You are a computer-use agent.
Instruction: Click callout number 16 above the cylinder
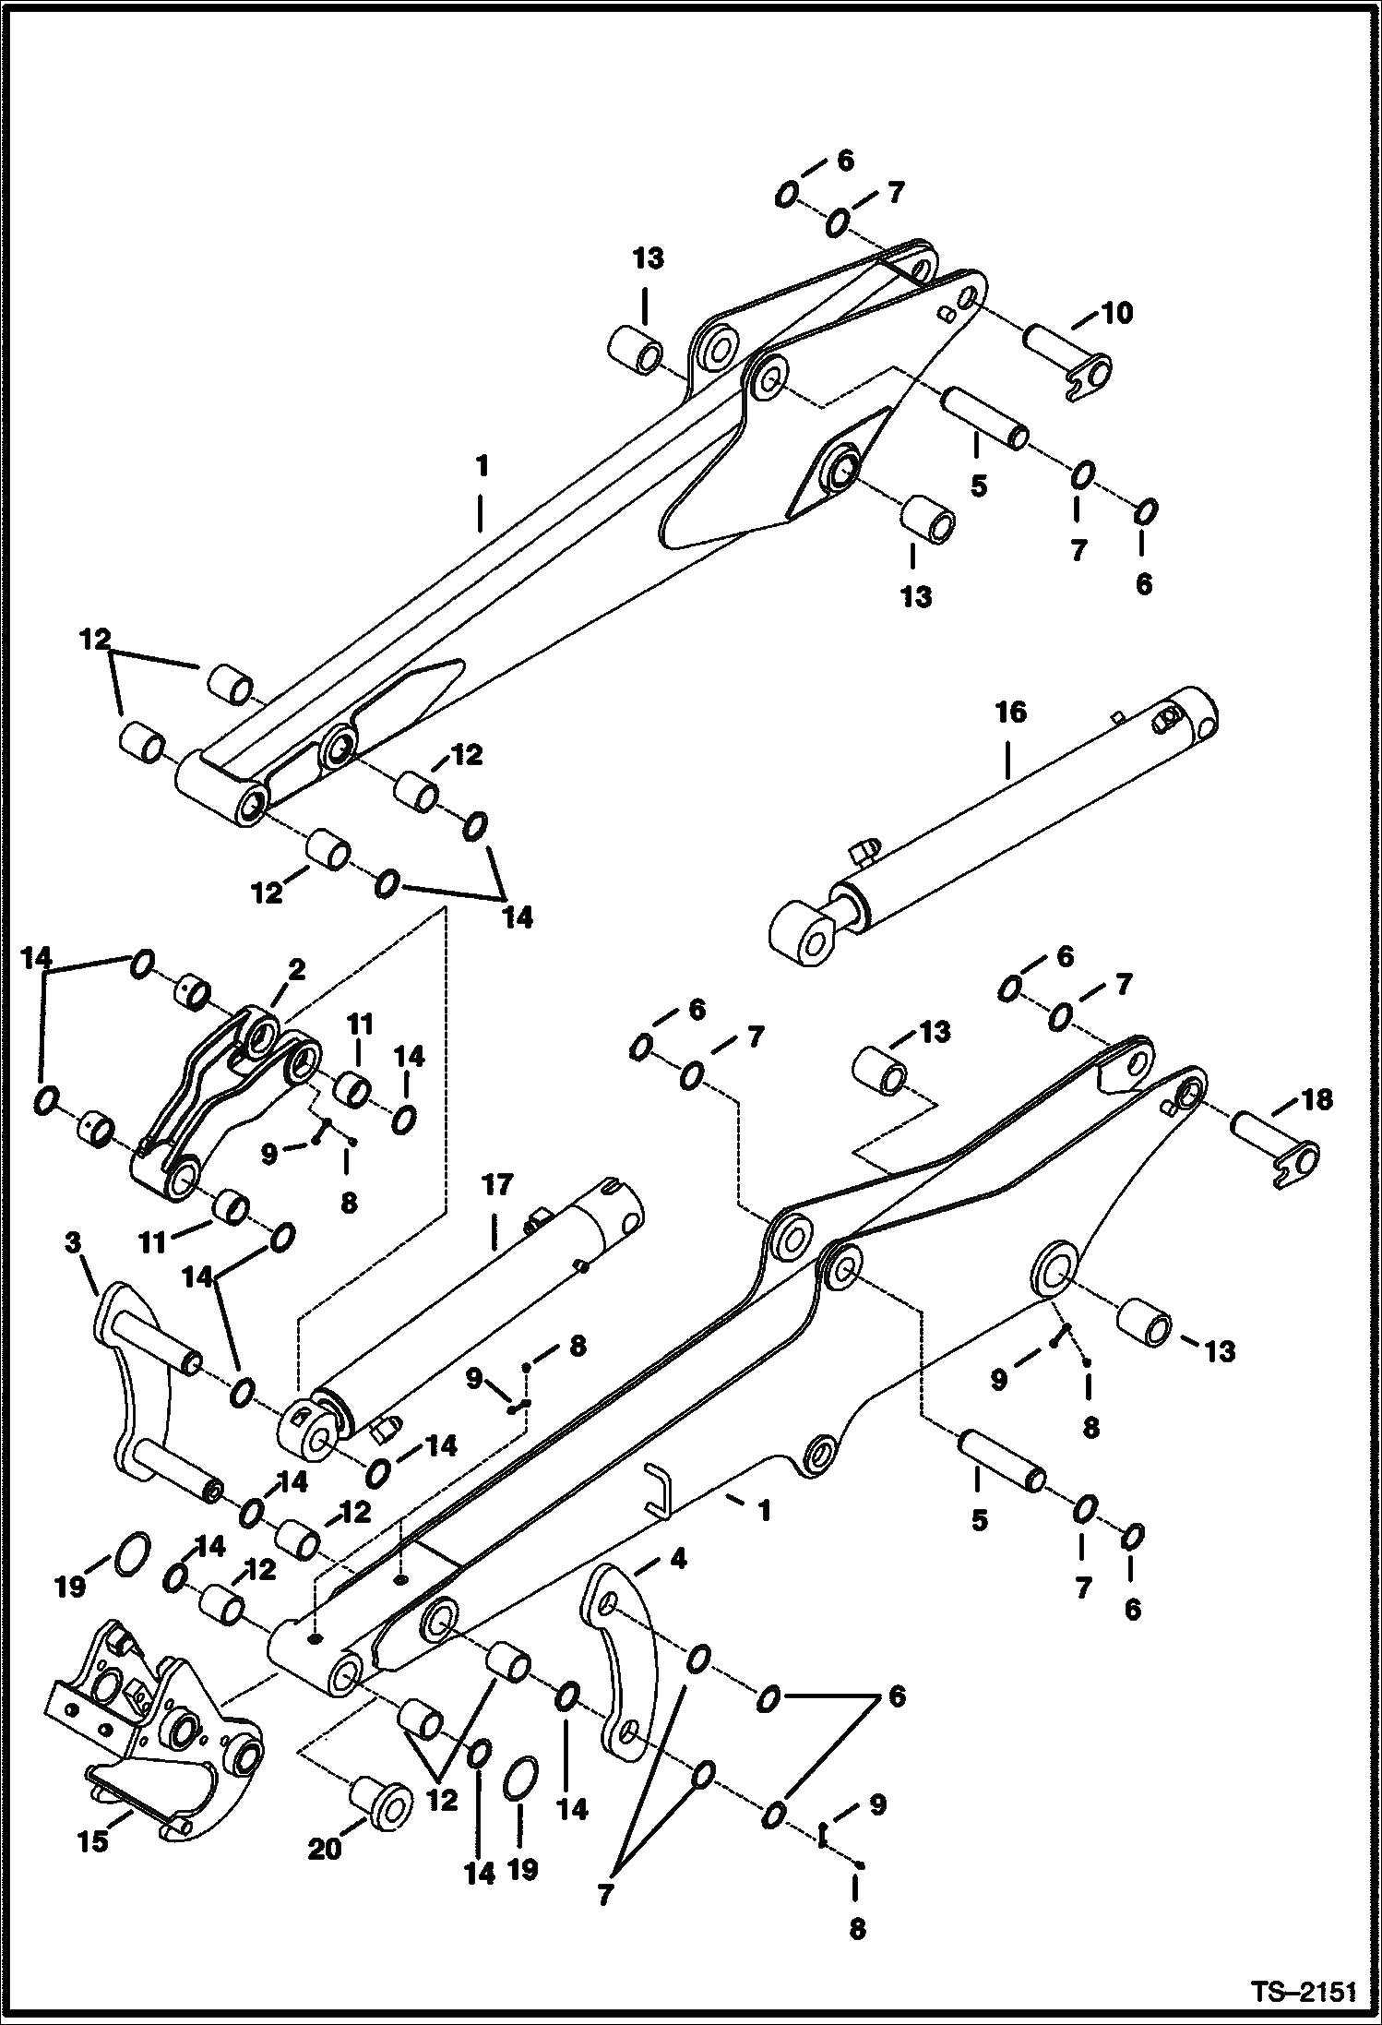click(x=1010, y=713)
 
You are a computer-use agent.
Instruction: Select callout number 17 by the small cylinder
click(x=496, y=1184)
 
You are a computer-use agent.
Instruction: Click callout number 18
click(x=1316, y=1099)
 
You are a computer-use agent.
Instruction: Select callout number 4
click(x=678, y=1559)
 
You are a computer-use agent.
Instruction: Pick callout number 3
click(x=74, y=1243)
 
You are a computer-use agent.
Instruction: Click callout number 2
click(x=296, y=970)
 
